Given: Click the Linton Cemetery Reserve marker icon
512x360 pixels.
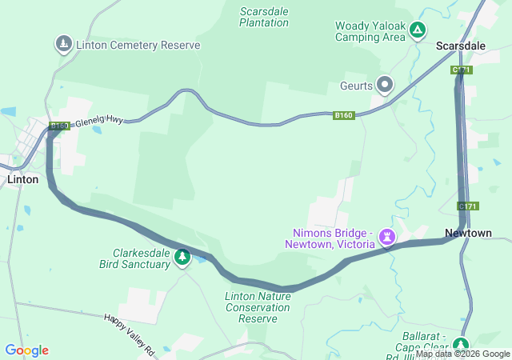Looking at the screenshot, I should coord(63,44).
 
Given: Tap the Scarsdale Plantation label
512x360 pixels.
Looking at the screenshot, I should coord(264,17).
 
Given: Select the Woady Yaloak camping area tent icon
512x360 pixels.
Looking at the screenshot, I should coord(417,31).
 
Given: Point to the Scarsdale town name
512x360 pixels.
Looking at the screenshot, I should coord(461,46).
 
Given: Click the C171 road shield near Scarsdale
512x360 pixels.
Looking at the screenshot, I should coord(462,70).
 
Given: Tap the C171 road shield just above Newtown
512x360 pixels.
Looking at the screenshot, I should coord(468,206).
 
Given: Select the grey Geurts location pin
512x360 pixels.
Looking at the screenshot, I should coord(386,84).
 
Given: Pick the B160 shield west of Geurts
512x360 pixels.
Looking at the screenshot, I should coord(344,116).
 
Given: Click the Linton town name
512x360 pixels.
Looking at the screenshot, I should coord(22,179).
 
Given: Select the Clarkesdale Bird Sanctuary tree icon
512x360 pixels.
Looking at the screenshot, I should coord(183,257).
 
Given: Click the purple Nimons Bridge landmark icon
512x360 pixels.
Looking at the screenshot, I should coord(388,237).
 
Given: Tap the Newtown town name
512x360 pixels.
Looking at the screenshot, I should coord(468,233).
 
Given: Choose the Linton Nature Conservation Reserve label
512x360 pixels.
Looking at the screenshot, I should coord(251,307).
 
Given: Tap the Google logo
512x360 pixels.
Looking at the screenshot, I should coord(26,350).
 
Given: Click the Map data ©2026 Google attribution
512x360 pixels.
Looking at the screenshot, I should coord(462,354).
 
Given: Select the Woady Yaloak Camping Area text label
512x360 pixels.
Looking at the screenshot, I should coord(369,31).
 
